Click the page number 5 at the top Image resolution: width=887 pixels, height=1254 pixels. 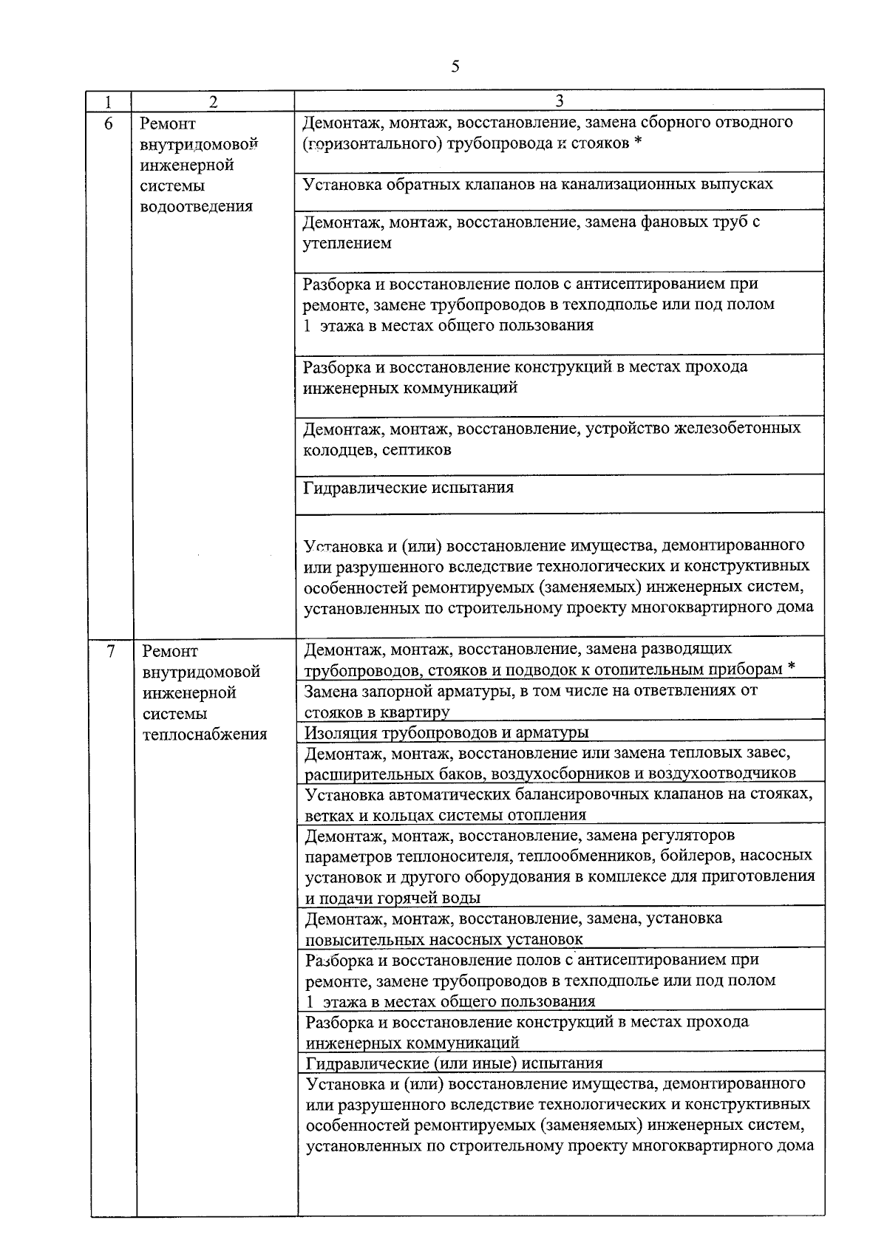(455, 67)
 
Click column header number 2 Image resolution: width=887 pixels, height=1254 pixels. (213, 101)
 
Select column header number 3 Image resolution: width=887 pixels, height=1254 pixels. (560, 100)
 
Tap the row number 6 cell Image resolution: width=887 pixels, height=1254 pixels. (109, 124)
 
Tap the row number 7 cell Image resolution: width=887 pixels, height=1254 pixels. (111, 652)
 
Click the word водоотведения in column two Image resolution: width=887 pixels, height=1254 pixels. (196, 206)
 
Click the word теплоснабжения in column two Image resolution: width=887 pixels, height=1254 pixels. (205, 735)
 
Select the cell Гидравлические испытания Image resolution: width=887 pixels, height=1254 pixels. (408, 488)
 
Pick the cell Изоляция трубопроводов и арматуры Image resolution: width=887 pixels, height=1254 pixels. (446, 732)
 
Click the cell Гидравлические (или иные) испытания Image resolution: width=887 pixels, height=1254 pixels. (454, 1063)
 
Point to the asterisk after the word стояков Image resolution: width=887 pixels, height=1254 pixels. (637, 143)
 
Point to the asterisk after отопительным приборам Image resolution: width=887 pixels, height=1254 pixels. (791, 669)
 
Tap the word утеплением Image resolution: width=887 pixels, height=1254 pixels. (347, 242)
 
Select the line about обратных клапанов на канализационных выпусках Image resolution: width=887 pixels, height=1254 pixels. (537, 183)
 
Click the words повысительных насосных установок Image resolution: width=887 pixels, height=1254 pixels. (443, 939)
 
